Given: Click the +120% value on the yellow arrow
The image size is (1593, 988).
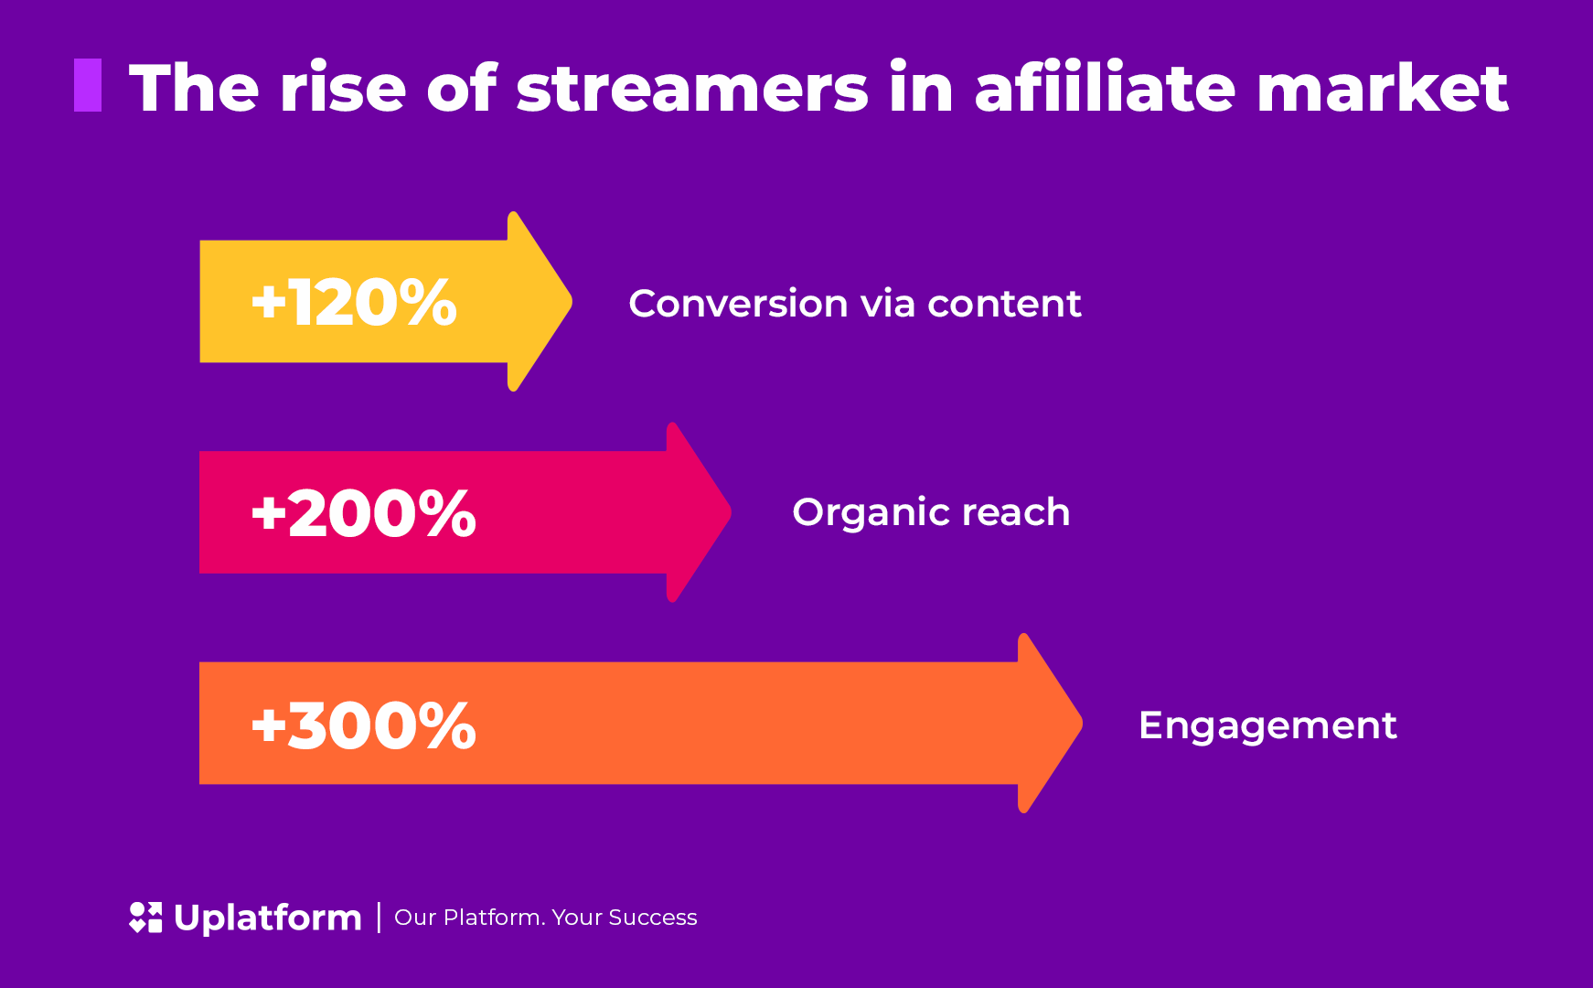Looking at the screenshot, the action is pyautogui.click(x=354, y=302).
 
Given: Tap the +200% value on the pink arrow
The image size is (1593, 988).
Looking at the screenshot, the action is pyautogui.click(x=363, y=512).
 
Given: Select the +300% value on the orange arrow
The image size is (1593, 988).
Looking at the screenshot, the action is pyautogui.click(x=363, y=725).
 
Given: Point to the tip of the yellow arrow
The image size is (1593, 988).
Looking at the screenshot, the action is pyautogui.click(x=572, y=301).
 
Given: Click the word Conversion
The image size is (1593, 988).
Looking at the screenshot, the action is pyautogui.click(x=738, y=304).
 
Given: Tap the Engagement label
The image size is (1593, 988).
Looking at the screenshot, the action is pyautogui.click(x=1267, y=726).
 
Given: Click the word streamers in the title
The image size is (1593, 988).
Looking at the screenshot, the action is pyautogui.click(x=692, y=89).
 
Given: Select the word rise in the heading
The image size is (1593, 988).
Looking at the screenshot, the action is pyautogui.click(x=343, y=88).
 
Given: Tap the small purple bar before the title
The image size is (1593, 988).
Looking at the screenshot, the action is pyautogui.click(x=88, y=85).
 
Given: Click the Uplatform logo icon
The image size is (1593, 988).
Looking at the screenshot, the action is pyautogui.click(x=145, y=918).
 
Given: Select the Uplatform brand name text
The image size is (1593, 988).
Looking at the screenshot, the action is pyautogui.click(x=268, y=918).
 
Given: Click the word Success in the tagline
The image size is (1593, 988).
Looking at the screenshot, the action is pyautogui.click(x=653, y=918).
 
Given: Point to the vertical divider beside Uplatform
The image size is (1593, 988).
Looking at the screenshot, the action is pyautogui.click(x=379, y=918).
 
